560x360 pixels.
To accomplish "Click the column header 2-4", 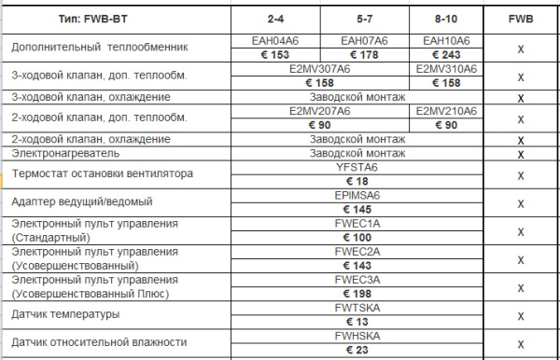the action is (277, 19).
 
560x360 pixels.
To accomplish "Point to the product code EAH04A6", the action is (277, 40).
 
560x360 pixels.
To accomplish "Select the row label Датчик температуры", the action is (65, 314).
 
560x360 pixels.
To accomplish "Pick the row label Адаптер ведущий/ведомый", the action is (79, 202).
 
